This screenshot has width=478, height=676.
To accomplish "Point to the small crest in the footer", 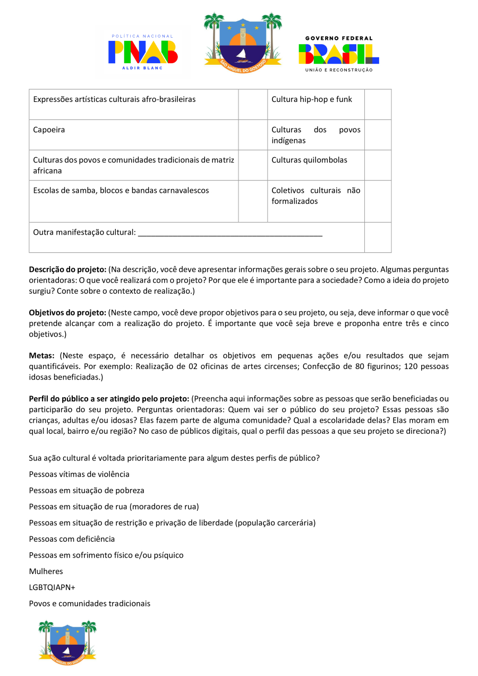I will tap(67, 640).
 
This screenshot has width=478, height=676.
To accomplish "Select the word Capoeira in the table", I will tap(49, 130).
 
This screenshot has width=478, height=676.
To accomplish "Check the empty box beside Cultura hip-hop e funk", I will tap(378, 105).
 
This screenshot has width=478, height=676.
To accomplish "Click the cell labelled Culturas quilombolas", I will tap(309, 160).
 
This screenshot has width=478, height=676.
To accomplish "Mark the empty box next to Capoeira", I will tap(252, 135).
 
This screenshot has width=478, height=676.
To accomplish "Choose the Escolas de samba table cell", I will tap(121, 190).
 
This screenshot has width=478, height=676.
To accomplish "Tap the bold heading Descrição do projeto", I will tap(68, 269).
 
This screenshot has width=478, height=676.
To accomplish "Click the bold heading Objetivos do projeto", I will tap(68, 313).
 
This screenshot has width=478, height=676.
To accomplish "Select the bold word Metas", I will tap(41, 356).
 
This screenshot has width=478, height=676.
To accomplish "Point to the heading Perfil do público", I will tap(109, 399).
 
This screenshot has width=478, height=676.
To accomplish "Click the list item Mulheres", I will tap(46, 571).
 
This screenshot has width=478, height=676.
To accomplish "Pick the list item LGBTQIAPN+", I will tap(52, 587).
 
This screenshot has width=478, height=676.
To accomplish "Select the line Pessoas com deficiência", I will tap(72, 539).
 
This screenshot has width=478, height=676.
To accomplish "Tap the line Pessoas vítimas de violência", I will tap(79, 474).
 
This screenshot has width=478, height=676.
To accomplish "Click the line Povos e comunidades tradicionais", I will tap(90, 604).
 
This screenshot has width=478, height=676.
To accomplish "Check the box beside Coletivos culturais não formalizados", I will tap(378, 201).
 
